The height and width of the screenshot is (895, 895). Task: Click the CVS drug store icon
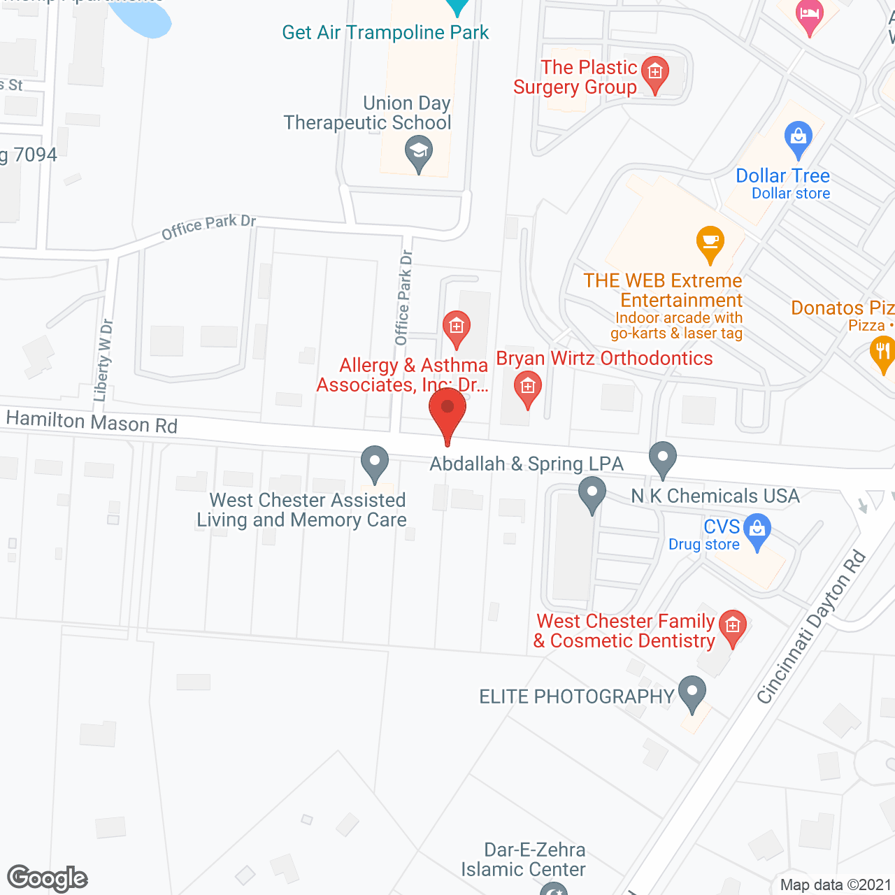click(757, 530)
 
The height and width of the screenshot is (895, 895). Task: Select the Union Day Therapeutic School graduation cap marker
click(419, 152)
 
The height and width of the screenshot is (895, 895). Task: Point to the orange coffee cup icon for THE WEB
click(710, 243)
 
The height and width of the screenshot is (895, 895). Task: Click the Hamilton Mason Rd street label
click(92, 422)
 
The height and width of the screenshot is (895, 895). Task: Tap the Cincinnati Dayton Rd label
click(812, 627)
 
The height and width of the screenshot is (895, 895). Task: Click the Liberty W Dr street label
click(103, 360)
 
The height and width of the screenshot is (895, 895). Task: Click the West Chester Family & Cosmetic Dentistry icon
click(733, 626)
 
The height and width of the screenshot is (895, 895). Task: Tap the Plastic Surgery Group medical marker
click(655, 73)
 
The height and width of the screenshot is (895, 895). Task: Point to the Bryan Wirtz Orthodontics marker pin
click(528, 387)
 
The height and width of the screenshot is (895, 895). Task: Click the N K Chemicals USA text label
click(715, 496)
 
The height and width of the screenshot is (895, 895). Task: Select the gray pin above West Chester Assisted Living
click(375, 463)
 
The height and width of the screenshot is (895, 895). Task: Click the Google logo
click(47, 878)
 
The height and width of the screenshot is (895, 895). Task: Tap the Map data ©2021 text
click(836, 885)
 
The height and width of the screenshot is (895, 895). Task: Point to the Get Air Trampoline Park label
click(385, 33)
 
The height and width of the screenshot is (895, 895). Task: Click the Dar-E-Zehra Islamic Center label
click(524, 859)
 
